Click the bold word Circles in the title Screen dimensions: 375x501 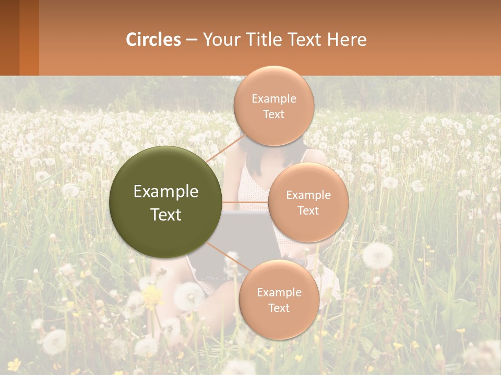pyautogui.click(x=153, y=40)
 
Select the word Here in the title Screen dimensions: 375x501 pyautogui.click(x=347, y=40)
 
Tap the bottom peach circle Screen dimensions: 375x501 pyautogui.click(x=279, y=323)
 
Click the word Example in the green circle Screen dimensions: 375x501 pyautogui.click(x=166, y=192)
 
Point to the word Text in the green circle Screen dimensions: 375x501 pyautogui.click(x=166, y=215)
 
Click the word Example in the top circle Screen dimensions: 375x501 pyautogui.click(x=274, y=99)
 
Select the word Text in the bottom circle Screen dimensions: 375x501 pyautogui.click(x=279, y=308)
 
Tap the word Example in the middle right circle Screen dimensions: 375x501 pyautogui.click(x=308, y=195)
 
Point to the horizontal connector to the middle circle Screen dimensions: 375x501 pyautogui.click(x=245, y=202)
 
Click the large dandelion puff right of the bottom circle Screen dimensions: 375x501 pyautogui.click(x=377, y=255)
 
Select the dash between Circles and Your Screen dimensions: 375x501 pyautogui.click(x=192, y=40)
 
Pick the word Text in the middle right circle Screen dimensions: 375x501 pyautogui.click(x=308, y=211)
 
